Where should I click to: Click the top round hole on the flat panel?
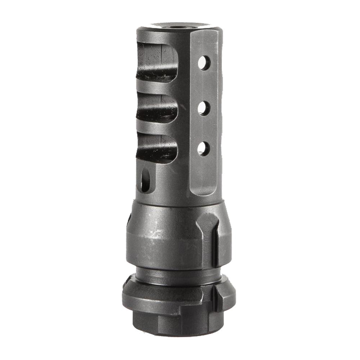[204, 63]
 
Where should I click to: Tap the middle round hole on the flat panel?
[204, 108]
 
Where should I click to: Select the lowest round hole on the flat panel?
[203, 148]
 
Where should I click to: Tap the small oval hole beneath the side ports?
[145, 180]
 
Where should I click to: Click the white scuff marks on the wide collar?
[158, 234]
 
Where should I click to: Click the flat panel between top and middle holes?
[204, 85]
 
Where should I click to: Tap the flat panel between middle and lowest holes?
[204, 128]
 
